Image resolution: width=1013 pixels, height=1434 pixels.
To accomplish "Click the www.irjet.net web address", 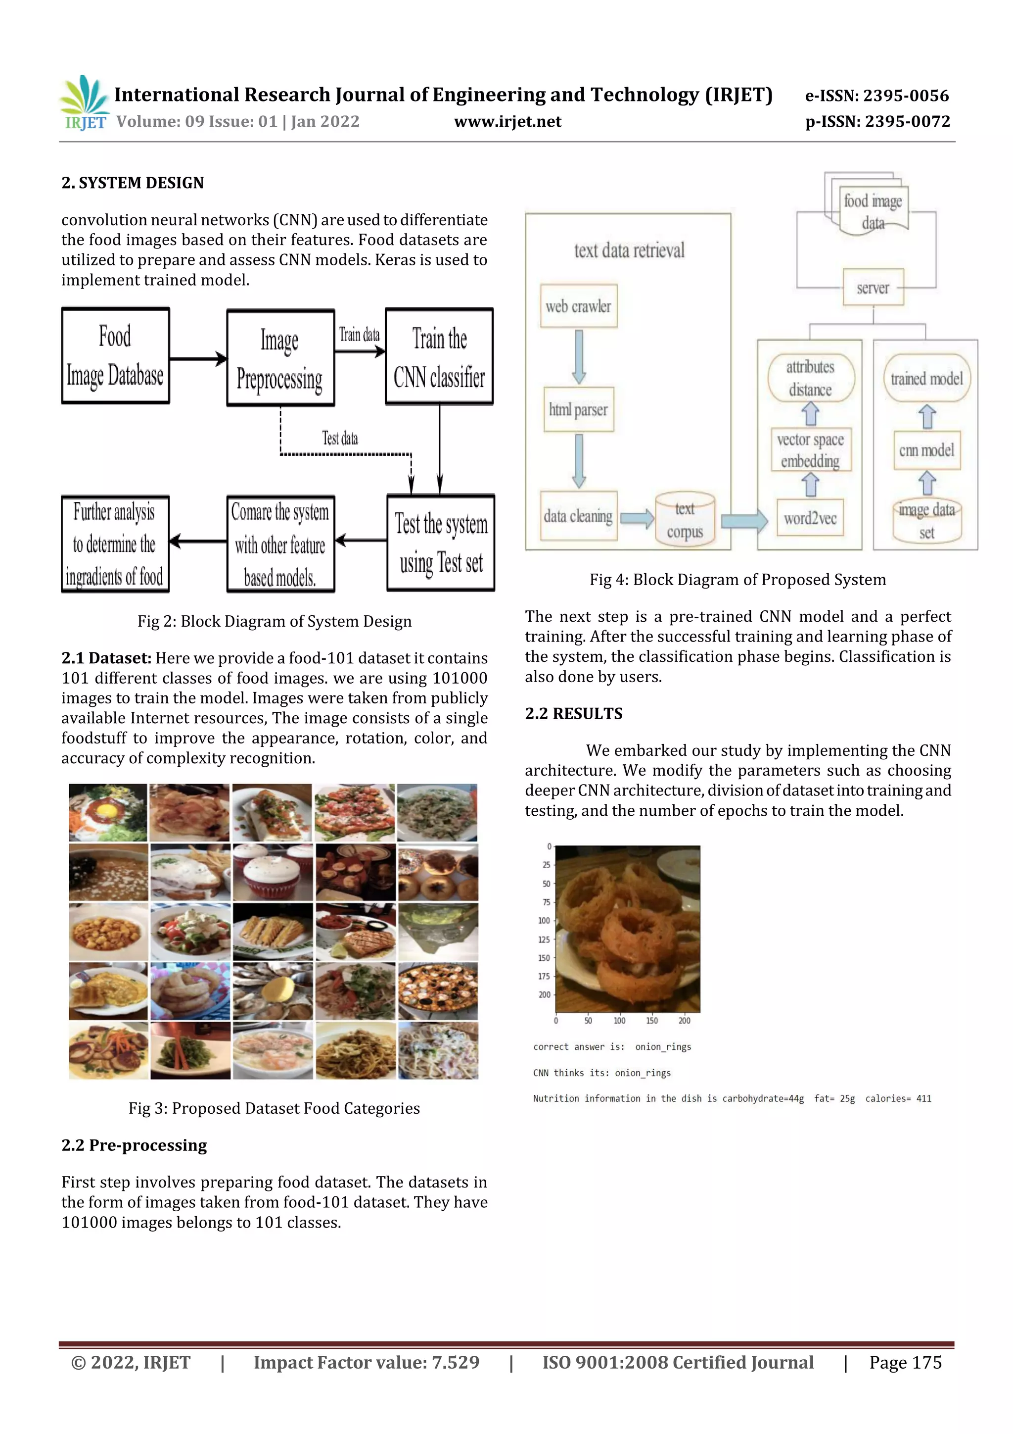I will (x=507, y=121).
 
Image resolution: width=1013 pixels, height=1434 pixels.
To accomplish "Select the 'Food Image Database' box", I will (x=115, y=355).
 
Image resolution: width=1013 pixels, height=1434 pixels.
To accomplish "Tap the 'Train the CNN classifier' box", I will (x=439, y=356).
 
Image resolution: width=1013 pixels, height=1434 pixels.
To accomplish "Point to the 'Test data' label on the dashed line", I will (x=340, y=438).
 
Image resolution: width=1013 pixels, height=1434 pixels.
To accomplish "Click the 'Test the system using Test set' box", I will (x=441, y=543).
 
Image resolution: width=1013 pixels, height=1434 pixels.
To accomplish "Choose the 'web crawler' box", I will (x=579, y=306).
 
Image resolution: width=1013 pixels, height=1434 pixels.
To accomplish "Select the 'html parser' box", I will (x=579, y=410).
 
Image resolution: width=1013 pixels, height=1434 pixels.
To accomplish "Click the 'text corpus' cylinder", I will (x=685, y=520).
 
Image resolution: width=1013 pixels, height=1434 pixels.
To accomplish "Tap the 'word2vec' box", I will (x=810, y=518).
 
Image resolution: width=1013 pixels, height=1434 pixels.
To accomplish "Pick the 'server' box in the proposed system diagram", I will (x=873, y=287).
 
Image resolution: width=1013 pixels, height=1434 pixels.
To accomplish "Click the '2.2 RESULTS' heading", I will (x=574, y=713).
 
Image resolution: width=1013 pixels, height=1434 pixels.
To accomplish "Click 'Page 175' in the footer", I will (x=905, y=1362).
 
